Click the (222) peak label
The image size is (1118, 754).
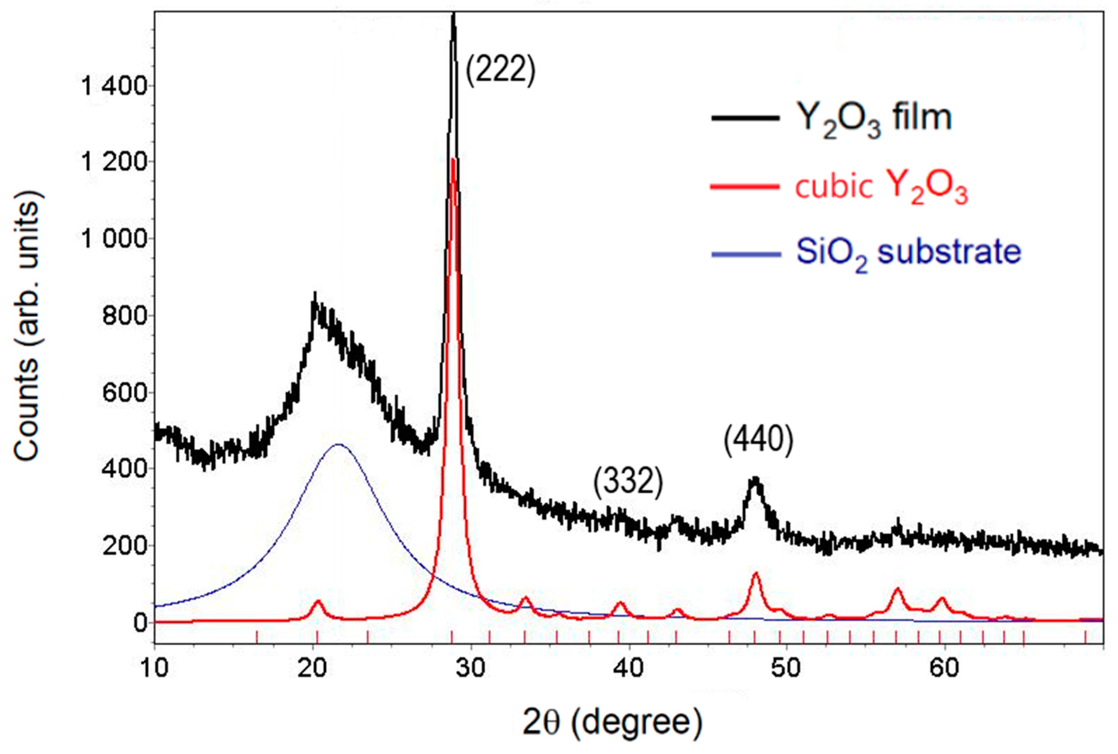click(500, 70)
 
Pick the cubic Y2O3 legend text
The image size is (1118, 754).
click(880, 187)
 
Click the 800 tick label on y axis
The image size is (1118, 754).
click(124, 316)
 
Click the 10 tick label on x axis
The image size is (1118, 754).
click(154, 669)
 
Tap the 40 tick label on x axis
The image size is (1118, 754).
click(629, 669)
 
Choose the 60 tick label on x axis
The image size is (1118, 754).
click(944, 669)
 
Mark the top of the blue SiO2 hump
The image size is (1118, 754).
click(338, 445)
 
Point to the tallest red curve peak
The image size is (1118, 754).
click(453, 160)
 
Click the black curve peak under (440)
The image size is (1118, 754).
click(755, 480)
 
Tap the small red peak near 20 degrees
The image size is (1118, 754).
click(317, 601)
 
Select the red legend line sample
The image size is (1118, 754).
click(745, 187)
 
